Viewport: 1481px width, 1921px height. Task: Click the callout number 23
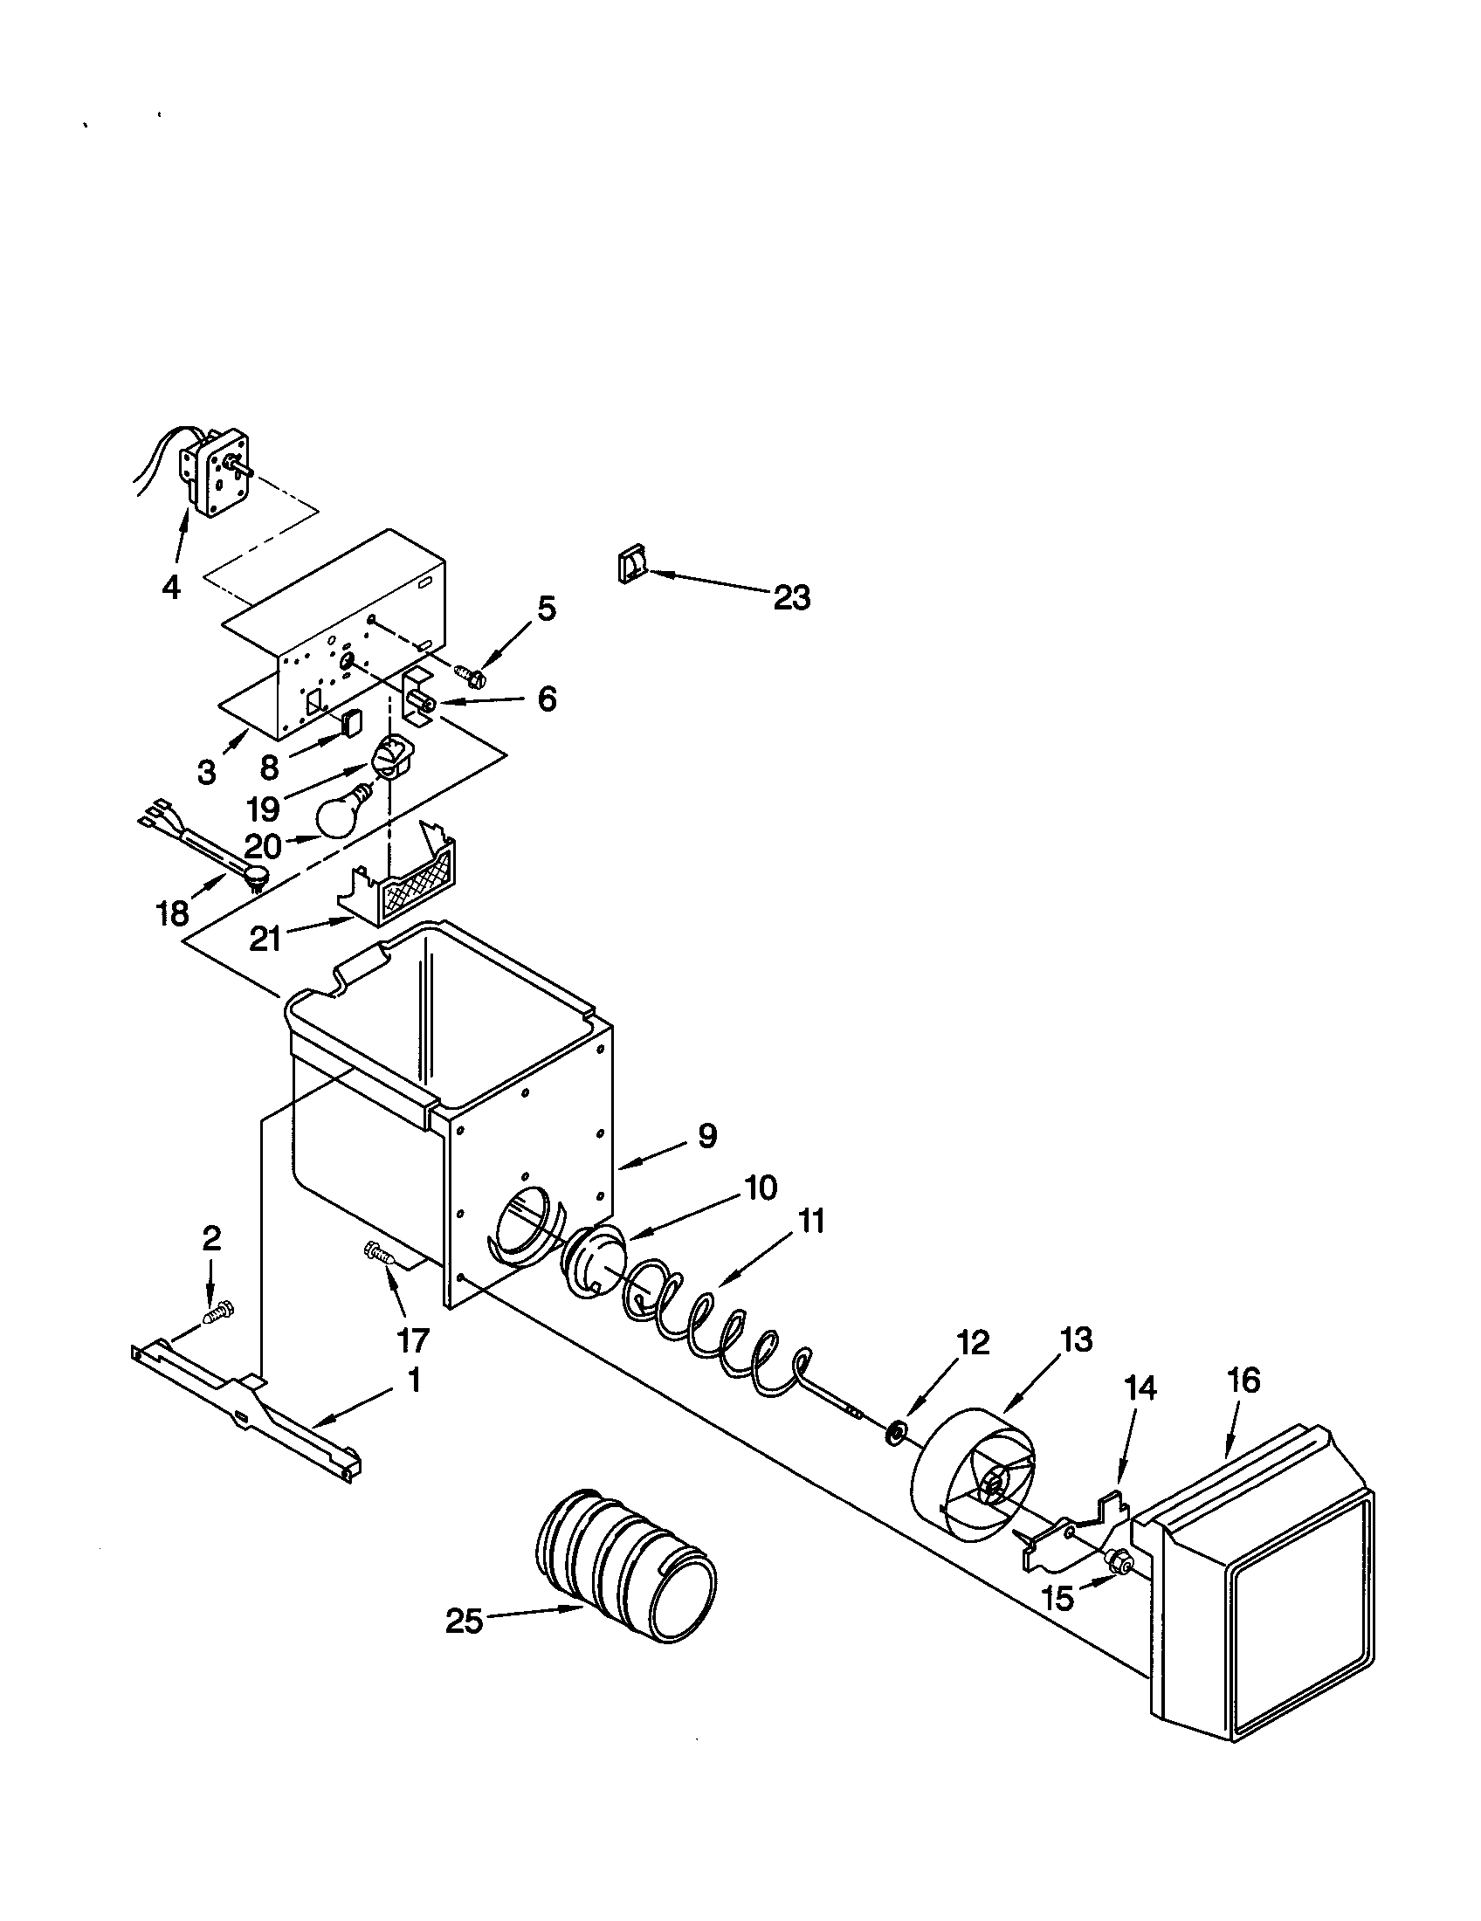click(x=791, y=598)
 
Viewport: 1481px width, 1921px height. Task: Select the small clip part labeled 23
click(x=632, y=564)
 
